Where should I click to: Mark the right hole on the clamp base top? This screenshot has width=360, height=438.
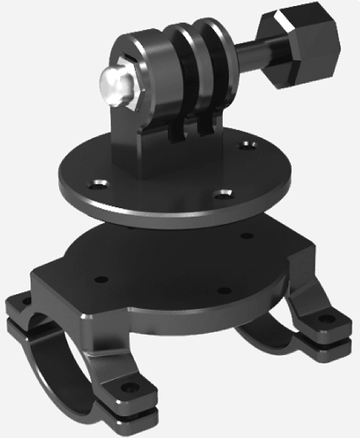246,235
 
